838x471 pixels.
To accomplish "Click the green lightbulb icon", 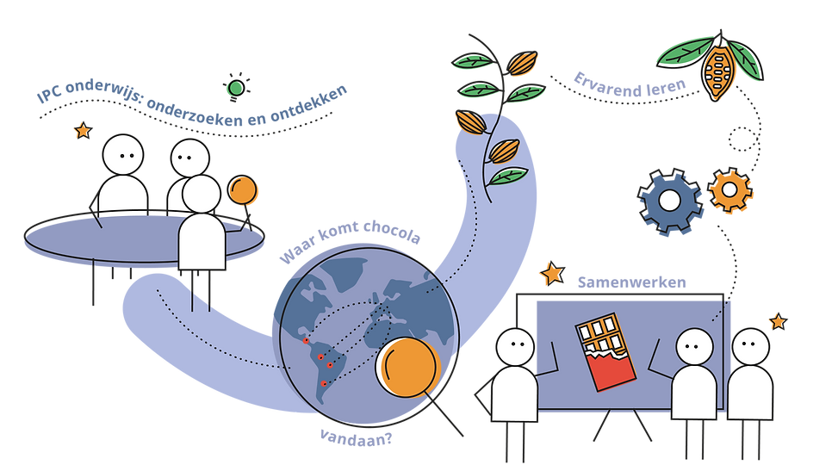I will tap(233, 87).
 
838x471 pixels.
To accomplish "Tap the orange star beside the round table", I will tap(81, 132).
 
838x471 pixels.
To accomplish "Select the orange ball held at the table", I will tap(243, 190).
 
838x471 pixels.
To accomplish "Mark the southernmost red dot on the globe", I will tap(324, 384).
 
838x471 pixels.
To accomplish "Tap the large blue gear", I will tap(670, 201).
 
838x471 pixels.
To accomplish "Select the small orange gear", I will tap(731, 191).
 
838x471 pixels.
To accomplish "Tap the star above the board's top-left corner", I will tap(549, 274).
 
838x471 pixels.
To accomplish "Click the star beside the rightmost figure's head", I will tap(777, 321).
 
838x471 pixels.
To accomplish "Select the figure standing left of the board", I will tap(515, 375).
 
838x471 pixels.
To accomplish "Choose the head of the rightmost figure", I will tap(750, 346).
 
